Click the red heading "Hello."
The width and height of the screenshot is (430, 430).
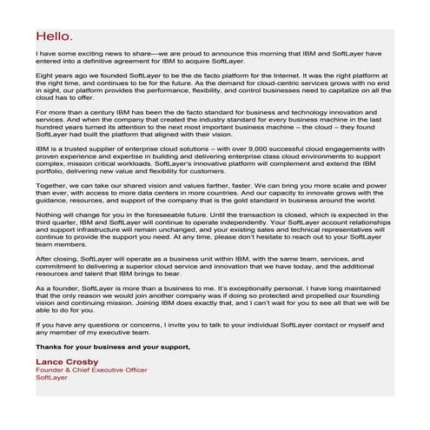click(x=55, y=36)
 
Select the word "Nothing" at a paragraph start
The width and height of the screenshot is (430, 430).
click(x=50, y=212)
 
